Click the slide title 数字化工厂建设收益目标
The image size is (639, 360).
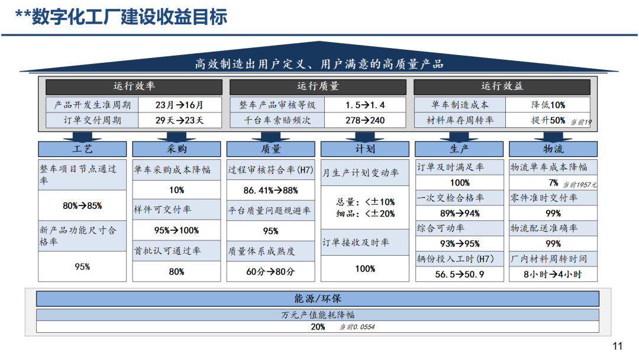130,17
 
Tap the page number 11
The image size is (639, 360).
617,346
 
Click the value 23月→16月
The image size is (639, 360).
179,105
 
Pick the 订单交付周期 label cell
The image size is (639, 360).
92,120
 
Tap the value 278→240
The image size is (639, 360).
365,120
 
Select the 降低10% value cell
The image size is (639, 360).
548,105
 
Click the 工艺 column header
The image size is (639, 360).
82,149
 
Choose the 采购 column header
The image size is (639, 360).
176,149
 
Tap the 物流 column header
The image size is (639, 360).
553,149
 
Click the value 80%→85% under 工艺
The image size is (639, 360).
82,206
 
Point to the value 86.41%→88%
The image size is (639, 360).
270,191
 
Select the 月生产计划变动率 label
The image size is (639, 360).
361,173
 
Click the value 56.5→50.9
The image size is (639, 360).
459,274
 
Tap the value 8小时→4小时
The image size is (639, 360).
553,274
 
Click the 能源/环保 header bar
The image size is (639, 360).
318,299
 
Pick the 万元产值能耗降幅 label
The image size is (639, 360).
318,315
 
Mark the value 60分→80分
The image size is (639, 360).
270,272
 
